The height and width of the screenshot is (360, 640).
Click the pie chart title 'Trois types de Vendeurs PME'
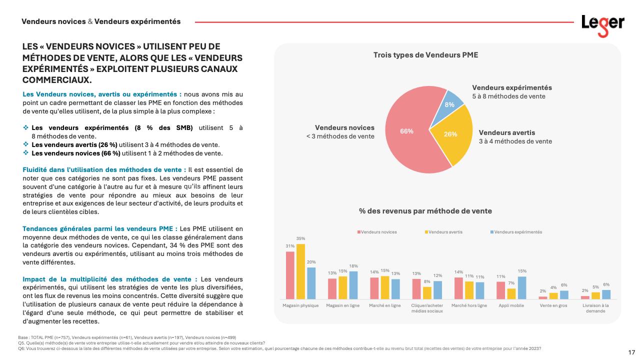(x=425, y=55)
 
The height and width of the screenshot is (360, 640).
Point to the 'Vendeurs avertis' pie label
(x=507, y=132)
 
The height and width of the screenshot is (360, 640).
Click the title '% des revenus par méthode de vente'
(x=425, y=211)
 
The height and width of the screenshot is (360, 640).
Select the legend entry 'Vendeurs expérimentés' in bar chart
(x=517, y=232)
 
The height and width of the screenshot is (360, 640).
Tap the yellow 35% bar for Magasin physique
(x=300, y=271)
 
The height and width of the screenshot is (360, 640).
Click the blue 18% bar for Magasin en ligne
(x=353, y=285)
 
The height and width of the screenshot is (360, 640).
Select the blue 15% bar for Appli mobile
(x=521, y=287)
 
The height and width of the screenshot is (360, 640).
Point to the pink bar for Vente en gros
(x=543, y=297)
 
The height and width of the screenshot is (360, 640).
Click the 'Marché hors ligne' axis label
(x=469, y=305)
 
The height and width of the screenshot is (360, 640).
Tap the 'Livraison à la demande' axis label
(x=595, y=308)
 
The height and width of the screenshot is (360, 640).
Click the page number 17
(x=631, y=352)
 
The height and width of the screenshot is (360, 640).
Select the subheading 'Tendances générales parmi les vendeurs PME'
(x=99, y=228)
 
